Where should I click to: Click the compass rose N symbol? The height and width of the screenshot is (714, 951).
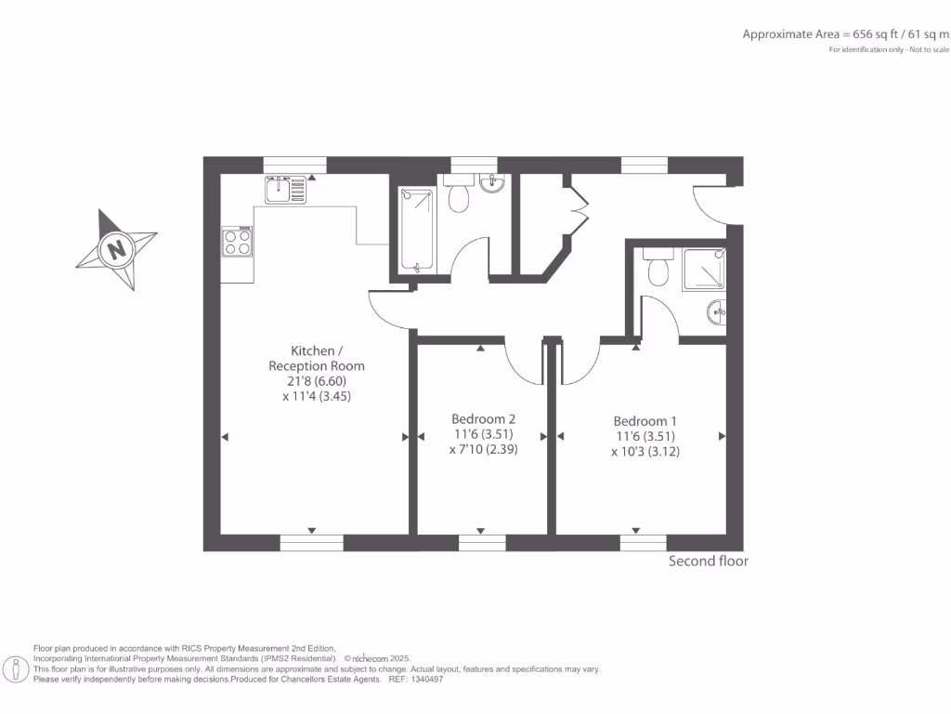click(x=115, y=250)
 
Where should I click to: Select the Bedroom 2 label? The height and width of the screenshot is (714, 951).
click(x=483, y=418)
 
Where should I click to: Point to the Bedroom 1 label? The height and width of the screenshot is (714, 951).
click(x=645, y=419)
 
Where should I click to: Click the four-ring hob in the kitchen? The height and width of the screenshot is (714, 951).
click(x=237, y=242)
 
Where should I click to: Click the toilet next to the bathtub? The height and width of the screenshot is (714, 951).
click(x=459, y=195)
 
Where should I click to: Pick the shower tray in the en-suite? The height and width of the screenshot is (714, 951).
click(x=703, y=270)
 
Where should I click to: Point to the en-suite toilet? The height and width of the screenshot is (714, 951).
click(x=658, y=269)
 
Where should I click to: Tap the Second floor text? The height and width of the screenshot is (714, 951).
click(x=708, y=562)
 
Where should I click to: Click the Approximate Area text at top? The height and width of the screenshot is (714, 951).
click(x=845, y=34)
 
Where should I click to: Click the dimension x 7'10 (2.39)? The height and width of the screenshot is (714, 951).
click(x=483, y=449)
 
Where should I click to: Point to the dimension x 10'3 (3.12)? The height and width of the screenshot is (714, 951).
click(x=645, y=451)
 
